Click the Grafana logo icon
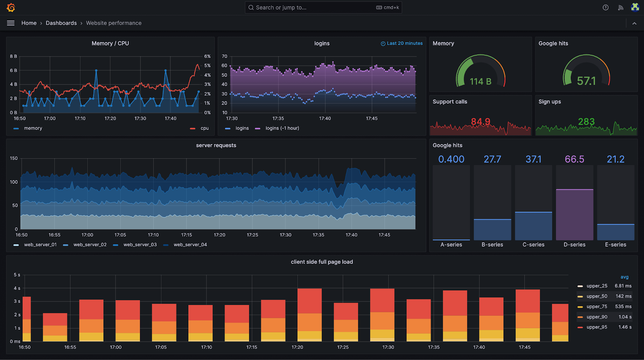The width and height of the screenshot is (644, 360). tap(11, 8)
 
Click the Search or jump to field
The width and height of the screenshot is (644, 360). tap(314, 8)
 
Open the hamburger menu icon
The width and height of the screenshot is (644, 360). tap(11, 23)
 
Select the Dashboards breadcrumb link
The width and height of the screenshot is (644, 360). tap(61, 23)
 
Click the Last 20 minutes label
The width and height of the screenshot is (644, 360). tap(404, 43)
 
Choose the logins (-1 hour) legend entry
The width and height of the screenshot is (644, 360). tap(282, 128)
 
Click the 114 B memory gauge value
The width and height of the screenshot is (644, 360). tap(480, 82)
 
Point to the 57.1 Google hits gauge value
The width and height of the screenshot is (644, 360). tap(586, 81)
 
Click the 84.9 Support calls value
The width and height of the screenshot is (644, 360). tap(481, 121)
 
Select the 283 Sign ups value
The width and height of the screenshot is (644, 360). tap(586, 121)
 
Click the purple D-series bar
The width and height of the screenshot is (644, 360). tap(574, 215)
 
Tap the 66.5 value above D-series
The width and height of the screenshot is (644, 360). tap(574, 159)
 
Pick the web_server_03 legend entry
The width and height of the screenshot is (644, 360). tap(140, 245)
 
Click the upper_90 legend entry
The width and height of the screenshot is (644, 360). tap(597, 317)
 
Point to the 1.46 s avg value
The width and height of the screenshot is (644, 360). tap(625, 327)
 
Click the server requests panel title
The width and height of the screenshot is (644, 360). tap(216, 146)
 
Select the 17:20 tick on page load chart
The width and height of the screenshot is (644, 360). tap(297, 347)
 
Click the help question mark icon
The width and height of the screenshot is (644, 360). tap(605, 8)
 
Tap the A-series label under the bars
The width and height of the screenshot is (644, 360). tap(451, 245)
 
